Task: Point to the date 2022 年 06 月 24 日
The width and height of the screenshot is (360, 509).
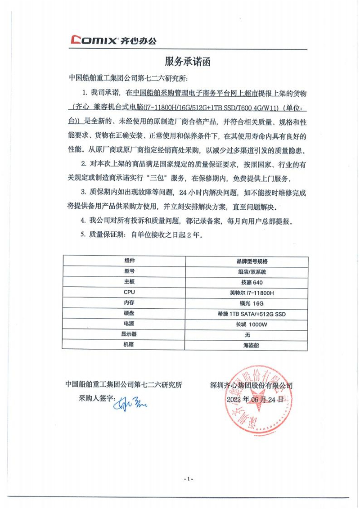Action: pyautogui.click(x=256, y=399)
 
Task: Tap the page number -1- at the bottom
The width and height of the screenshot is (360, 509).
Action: pyautogui.click(x=189, y=478)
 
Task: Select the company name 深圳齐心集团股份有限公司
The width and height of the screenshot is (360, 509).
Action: pyautogui.click(x=251, y=386)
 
